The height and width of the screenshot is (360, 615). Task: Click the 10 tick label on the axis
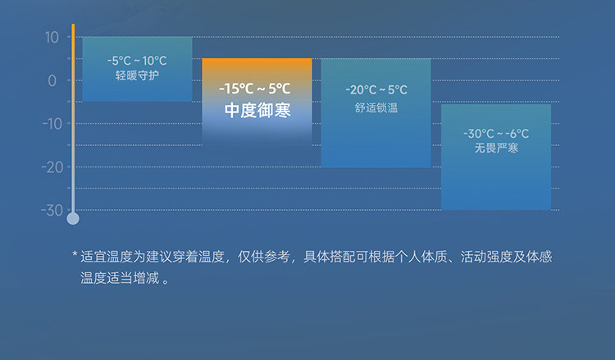coord(52,38)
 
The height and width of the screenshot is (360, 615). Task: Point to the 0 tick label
coord(52,81)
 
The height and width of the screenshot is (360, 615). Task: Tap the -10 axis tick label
coord(52,125)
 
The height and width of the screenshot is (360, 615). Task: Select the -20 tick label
coord(52,167)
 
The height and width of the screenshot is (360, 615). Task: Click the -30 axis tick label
coord(52,211)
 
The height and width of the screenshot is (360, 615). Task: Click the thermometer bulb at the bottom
coord(73,219)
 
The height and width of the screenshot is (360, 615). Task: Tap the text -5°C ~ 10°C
coord(137,61)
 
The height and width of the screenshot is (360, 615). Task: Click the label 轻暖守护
coord(137,75)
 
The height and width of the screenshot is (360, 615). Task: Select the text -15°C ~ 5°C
coord(254,89)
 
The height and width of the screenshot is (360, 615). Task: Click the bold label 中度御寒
coord(257,110)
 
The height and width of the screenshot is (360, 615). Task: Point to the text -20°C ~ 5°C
coord(376,90)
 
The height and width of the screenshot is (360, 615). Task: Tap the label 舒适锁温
coord(376,108)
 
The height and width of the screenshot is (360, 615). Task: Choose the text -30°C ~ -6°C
coord(496,134)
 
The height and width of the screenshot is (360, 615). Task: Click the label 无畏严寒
coord(496,148)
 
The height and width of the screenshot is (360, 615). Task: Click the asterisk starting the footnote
coord(75,255)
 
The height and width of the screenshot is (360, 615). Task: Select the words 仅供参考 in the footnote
coord(263,257)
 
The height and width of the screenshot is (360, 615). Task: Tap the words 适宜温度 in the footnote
coord(107,257)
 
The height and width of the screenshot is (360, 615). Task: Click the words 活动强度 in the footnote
coord(486,257)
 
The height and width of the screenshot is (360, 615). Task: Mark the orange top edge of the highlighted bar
coord(257,59)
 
